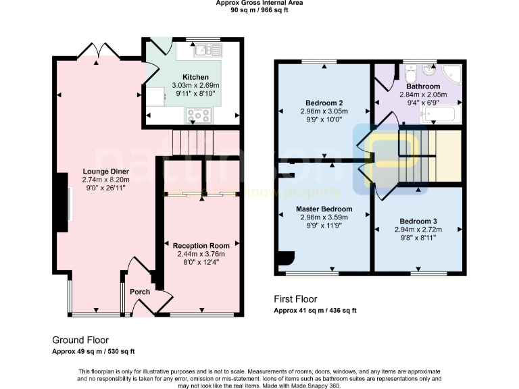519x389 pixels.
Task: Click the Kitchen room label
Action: (x=195, y=77)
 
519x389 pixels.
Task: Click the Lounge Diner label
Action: (x=105, y=171)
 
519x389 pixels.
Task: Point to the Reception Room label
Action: (x=201, y=245)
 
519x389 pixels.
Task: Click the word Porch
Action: (x=140, y=292)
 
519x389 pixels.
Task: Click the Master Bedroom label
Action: (x=324, y=209)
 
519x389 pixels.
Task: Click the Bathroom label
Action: (x=423, y=86)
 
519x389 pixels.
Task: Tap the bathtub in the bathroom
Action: (x=440, y=116)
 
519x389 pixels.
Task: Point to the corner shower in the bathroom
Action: (x=450, y=74)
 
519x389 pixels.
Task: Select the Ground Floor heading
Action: (x=80, y=340)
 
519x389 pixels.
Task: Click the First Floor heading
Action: (x=295, y=299)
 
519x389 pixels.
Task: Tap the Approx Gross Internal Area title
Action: (x=259, y=3)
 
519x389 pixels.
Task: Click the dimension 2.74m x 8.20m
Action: (x=105, y=180)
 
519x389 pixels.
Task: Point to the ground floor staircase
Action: (x=193, y=142)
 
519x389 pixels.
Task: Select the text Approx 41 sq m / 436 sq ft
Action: (x=315, y=311)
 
